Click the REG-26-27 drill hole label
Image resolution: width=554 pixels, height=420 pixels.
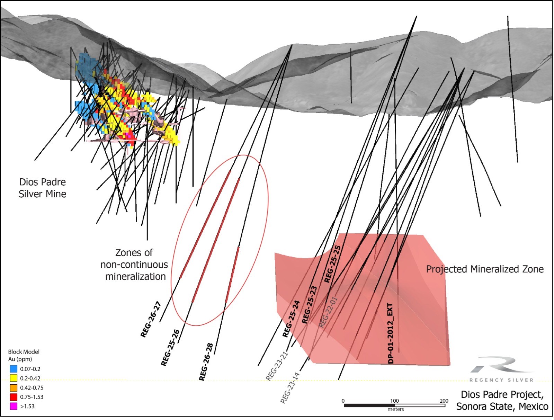[151, 320]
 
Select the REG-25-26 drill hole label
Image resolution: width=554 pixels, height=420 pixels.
[170, 348]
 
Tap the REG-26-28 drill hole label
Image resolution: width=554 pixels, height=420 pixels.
[206, 362]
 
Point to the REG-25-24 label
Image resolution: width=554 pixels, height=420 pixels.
[291, 319]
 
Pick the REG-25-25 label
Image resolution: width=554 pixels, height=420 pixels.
[332, 264]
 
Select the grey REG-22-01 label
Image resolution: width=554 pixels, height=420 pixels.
[328, 312]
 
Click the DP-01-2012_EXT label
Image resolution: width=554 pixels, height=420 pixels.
[391, 333]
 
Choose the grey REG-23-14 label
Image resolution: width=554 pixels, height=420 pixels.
[290, 388]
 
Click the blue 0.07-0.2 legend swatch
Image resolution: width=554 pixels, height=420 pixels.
[14, 369]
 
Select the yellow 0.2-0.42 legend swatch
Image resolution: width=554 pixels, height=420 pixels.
[14, 378]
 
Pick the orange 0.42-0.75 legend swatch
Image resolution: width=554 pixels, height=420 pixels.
[14, 388]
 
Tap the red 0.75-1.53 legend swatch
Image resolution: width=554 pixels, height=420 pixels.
[14, 397]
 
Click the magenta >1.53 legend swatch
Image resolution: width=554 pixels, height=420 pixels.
[14, 406]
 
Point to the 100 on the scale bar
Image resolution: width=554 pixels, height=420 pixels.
[394, 401]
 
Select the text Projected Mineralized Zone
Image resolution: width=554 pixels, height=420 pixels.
[485, 269]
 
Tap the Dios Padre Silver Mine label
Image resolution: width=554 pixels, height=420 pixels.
[42, 188]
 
